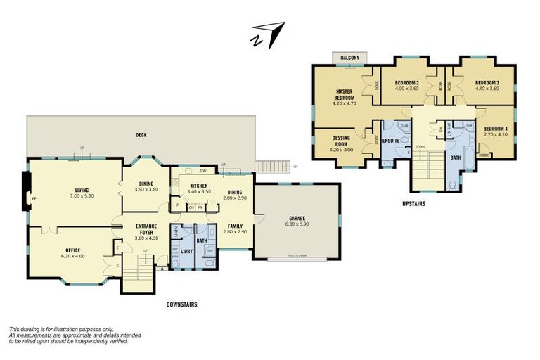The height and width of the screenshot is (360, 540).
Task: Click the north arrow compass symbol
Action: [x=268, y=35]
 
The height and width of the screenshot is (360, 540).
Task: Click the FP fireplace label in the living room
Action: [x=33, y=199]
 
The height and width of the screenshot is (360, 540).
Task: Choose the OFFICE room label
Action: [x=72, y=253]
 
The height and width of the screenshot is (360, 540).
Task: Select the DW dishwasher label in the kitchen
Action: [x=202, y=171]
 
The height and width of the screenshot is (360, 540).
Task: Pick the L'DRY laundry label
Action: [x=186, y=252]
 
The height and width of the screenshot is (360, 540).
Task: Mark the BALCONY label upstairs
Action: [x=349, y=57]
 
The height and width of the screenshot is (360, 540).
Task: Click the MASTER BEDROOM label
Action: [x=344, y=97]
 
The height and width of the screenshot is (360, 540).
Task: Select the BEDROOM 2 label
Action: [x=406, y=85]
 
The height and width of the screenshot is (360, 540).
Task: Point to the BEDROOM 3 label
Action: [x=487, y=85]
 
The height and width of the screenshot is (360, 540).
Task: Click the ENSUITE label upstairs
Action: [x=392, y=141]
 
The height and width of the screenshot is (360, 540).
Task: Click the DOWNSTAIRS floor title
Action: [x=181, y=305]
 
